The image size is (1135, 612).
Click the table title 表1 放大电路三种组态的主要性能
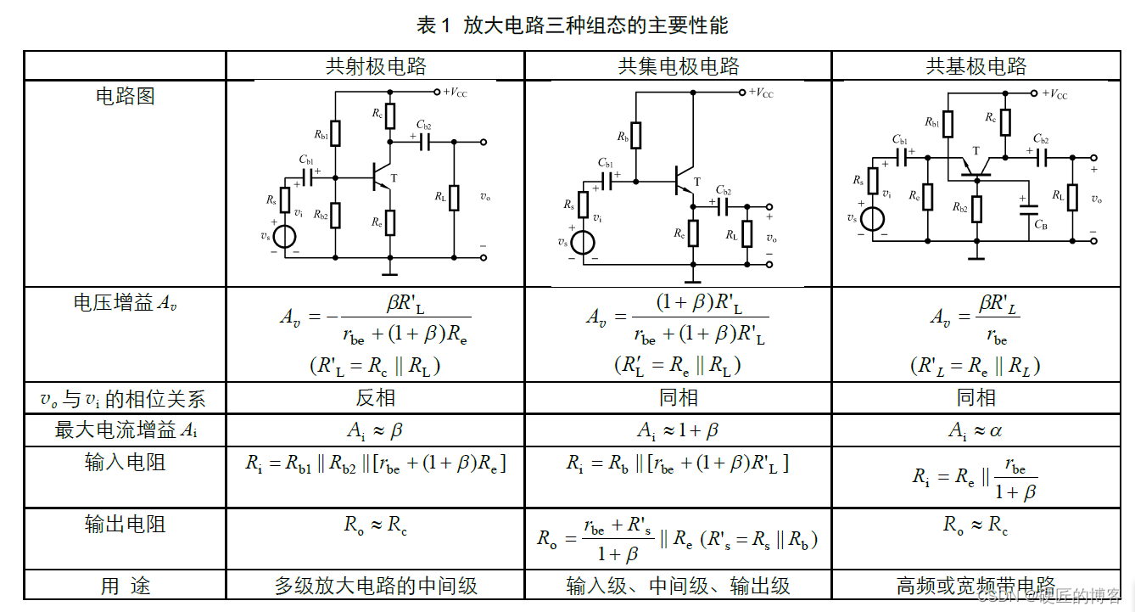572,25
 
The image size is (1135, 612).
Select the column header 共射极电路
376,66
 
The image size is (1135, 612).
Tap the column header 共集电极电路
678,66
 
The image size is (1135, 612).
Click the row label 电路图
125,96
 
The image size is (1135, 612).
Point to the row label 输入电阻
125,463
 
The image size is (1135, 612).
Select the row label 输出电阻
125,525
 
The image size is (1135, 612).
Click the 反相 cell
375,398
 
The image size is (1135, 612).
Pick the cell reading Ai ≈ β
375,430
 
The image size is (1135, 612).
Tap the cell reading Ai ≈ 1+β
677,430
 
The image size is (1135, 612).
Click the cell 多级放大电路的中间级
375,586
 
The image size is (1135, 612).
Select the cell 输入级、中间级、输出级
677,586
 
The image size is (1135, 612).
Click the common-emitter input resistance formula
375,463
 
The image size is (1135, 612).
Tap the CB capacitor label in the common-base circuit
1040,224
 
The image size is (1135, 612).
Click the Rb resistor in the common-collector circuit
636,135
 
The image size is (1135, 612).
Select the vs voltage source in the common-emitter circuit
285,236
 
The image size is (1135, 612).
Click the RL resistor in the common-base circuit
1073,197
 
